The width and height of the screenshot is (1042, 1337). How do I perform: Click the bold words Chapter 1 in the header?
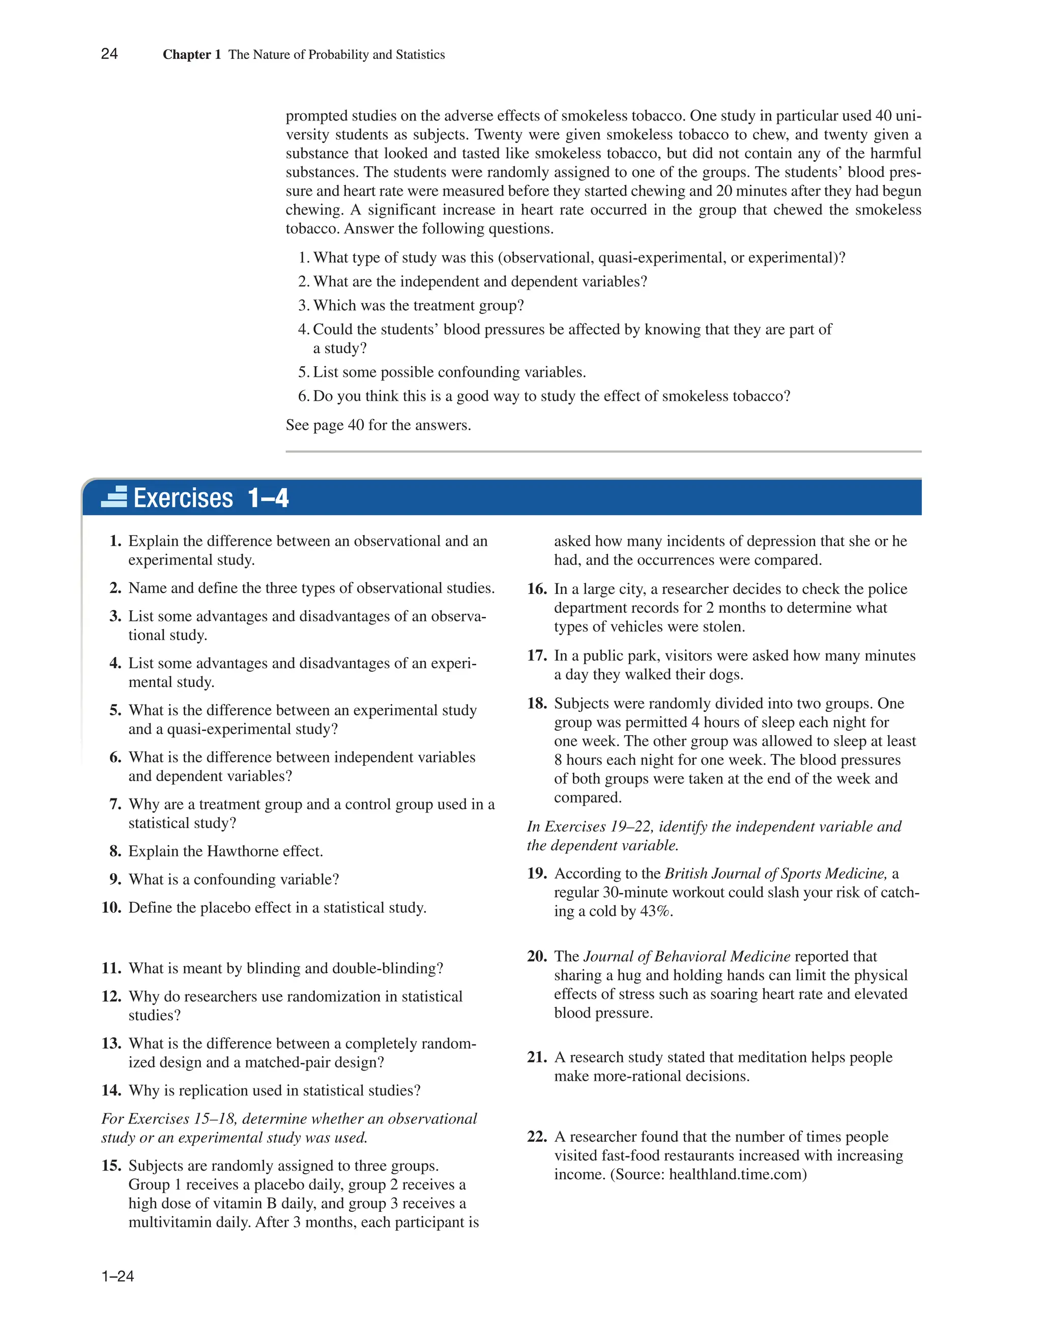click(x=191, y=54)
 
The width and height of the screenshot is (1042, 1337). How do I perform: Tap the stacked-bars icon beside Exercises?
click(x=114, y=496)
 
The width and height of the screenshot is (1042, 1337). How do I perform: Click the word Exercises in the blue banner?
click(x=183, y=498)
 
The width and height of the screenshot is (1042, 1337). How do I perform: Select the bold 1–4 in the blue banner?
click(x=268, y=498)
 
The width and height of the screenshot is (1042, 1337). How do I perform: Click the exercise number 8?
click(x=115, y=851)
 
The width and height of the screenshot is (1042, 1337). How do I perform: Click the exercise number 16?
click(x=537, y=589)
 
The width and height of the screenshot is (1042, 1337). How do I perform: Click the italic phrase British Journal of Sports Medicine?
click(x=775, y=873)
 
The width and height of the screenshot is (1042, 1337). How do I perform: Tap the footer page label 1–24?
click(x=118, y=1276)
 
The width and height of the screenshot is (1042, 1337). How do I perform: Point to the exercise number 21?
click(x=537, y=1057)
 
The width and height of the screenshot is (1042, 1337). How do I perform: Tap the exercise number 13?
click(x=111, y=1043)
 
